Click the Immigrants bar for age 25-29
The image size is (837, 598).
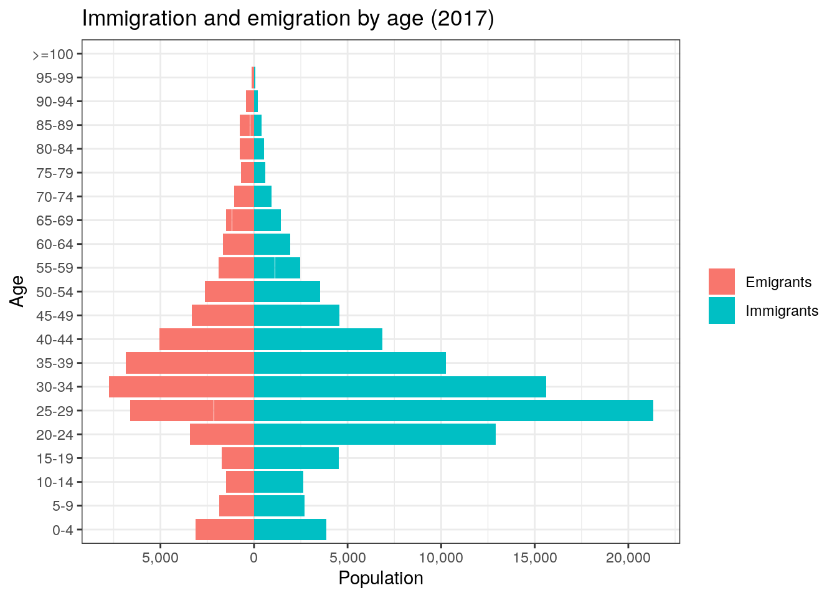[x=453, y=411]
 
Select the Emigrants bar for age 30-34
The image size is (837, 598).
[x=181, y=387]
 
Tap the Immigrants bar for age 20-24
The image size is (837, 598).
[x=374, y=434]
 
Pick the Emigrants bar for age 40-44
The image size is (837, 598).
[x=206, y=339]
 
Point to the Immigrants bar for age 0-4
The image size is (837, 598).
[x=290, y=529]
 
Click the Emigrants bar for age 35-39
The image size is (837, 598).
[x=189, y=363]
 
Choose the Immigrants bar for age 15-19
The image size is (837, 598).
[x=296, y=458]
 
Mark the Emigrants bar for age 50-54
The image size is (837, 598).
[x=229, y=292]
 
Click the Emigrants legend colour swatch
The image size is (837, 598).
[x=721, y=282]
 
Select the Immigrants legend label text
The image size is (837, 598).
[x=782, y=311]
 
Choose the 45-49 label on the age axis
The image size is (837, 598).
[x=55, y=316]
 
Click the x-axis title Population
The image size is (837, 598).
[x=381, y=579]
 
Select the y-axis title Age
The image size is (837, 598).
[x=17, y=291]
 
